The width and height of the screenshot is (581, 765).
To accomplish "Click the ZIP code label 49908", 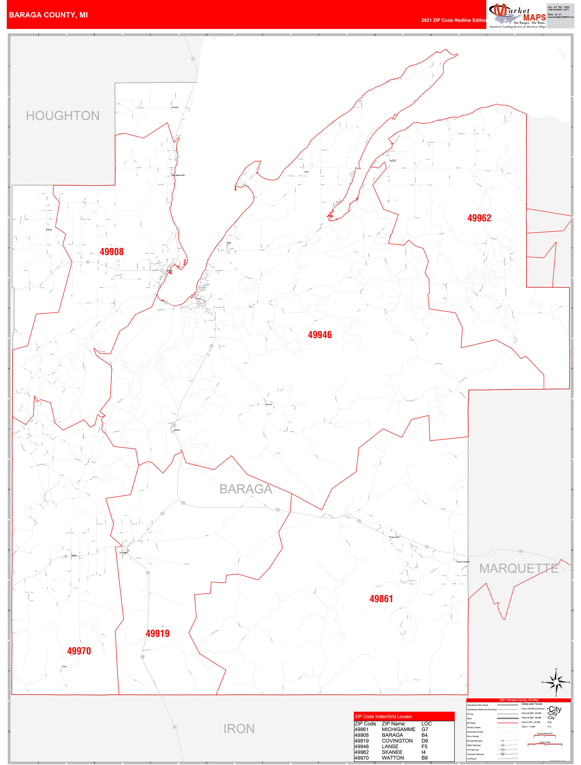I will pyautogui.click(x=111, y=252).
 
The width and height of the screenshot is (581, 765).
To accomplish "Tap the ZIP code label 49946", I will pyautogui.click(x=320, y=335).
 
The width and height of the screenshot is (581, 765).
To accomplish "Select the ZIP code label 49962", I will pyautogui.click(x=479, y=218).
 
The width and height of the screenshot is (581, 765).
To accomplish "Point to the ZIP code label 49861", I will pyautogui.click(x=381, y=599).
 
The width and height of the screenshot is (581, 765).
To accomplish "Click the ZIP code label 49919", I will pyautogui.click(x=158, y=633).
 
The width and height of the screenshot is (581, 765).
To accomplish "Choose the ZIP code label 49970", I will pyautogui.click(x=79, y=651).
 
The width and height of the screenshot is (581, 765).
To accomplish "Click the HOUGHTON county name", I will pyautogui.click(x=63, y=116).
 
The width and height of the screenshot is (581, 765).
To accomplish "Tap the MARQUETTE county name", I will pyautogui.click(x=519, y=568).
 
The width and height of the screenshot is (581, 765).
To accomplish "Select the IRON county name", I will pyautogui.click(x=239, y=729).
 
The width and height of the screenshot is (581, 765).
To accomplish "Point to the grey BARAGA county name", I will pyautogui.click(x=246, y=489).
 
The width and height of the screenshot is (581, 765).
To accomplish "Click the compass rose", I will pyautogui.click(x=556, y=682).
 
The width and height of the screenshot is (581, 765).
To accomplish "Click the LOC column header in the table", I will pyautogui.click(x=426, y=724).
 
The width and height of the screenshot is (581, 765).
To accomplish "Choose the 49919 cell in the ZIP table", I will pyautogui.click(x=362, y=741).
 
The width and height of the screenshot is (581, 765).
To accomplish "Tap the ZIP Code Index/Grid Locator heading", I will pyautogui.click(x=383, y=716).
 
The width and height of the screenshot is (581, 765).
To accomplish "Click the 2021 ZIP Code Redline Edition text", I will pyautogui.click(x=454, y=20).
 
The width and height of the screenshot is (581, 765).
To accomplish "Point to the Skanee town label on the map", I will pyautogui.click(x=392, y=161).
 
